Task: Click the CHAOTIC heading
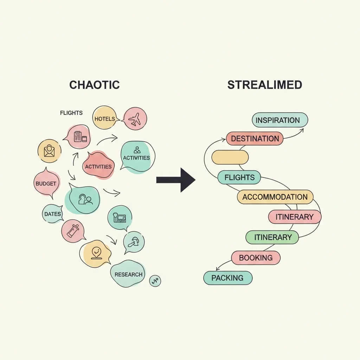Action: pos(94,85)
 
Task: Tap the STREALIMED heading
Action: pos(264,85)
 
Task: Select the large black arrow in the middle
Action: pos(176,180)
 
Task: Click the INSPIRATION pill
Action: pos(280,120)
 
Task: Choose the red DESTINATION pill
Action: pos(255,139)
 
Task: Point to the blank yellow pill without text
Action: pos(230,157)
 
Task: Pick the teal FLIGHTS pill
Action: pos(239,177)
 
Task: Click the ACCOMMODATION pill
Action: pos(275,197)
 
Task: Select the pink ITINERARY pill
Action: pos(295,217)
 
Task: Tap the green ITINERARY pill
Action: pos(272,237)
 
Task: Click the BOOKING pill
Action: pos(256,258)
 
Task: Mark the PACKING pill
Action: pos(228,278)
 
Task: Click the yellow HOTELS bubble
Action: pos(105,118)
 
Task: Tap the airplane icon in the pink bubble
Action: pos(135,120)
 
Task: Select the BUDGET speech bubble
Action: pos(46,182)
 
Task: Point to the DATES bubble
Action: pos(53,214)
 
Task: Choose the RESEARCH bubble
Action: pos(128,274)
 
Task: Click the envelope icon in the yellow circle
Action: pos(49,151)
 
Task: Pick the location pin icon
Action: pos(96,253)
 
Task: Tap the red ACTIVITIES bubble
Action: pos(98,165)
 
